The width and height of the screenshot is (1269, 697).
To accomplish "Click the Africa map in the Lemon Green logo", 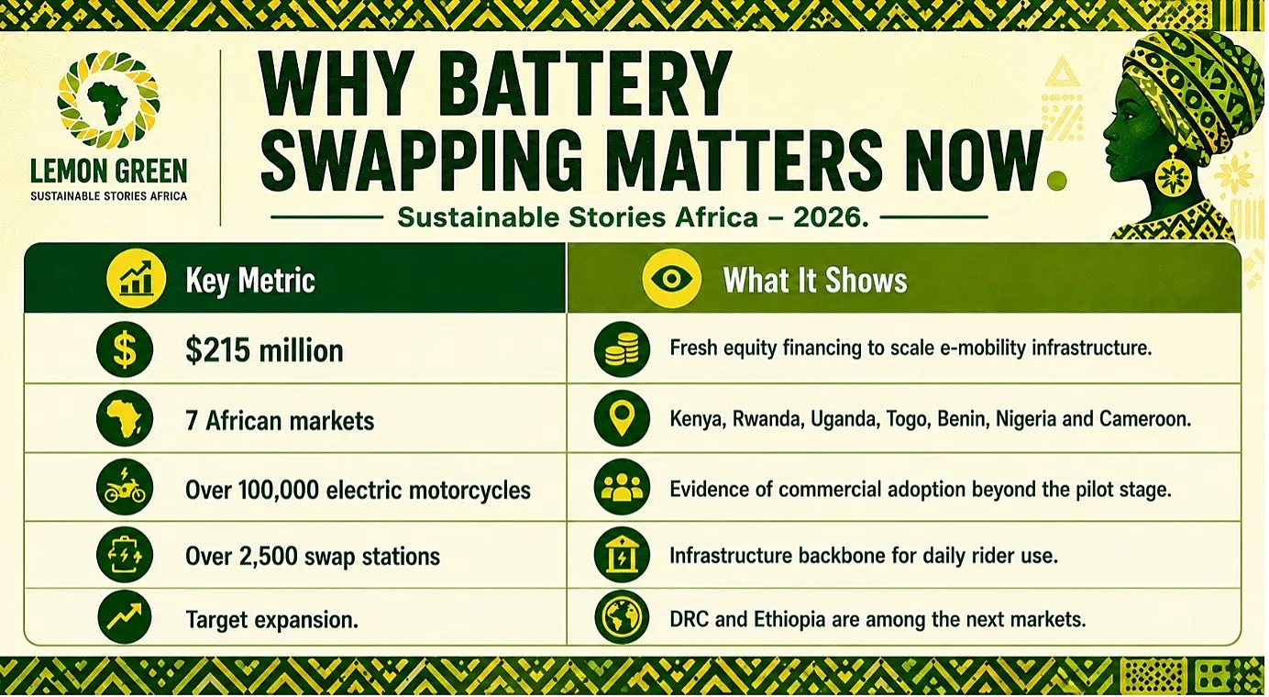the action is [108, 103].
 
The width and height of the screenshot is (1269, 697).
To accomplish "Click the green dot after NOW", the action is [1057, 181].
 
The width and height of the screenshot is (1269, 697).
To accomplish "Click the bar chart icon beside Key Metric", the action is [136, 278].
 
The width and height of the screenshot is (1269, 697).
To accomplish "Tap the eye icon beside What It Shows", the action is [671, 278].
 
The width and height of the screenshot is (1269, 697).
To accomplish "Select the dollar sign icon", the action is [125, 349].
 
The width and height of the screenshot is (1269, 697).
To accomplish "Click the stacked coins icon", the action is [622, 349].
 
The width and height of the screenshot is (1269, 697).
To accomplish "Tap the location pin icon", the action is [622, 419].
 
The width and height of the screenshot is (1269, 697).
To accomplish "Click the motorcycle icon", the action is [125, 487].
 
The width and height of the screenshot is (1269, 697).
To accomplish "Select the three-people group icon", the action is [622, 487].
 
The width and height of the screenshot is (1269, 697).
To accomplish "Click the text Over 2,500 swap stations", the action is [312, 557].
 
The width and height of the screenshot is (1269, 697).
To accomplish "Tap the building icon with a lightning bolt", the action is [622, 556].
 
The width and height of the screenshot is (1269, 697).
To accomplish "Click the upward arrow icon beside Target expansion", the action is [125, 616].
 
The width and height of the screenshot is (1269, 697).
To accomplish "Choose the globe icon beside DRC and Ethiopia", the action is [622, 616].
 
